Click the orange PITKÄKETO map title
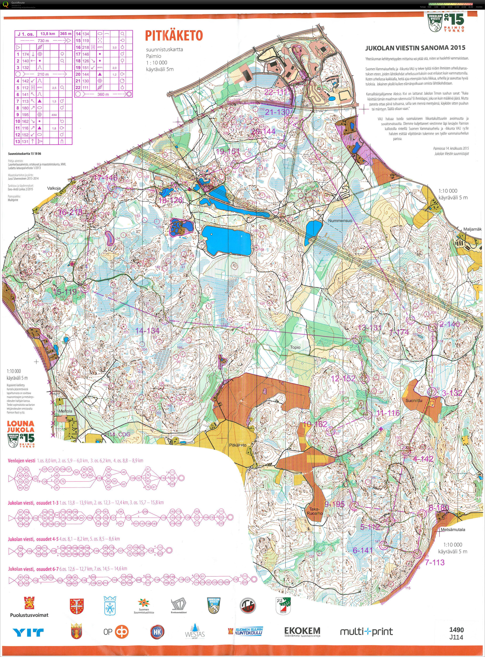click(x=174, y=36)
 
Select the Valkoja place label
click(x=54, y=188)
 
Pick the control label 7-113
click(x=435, y=562)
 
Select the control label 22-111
click(x=275, y=92)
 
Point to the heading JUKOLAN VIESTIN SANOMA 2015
click(x=415, y=48)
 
